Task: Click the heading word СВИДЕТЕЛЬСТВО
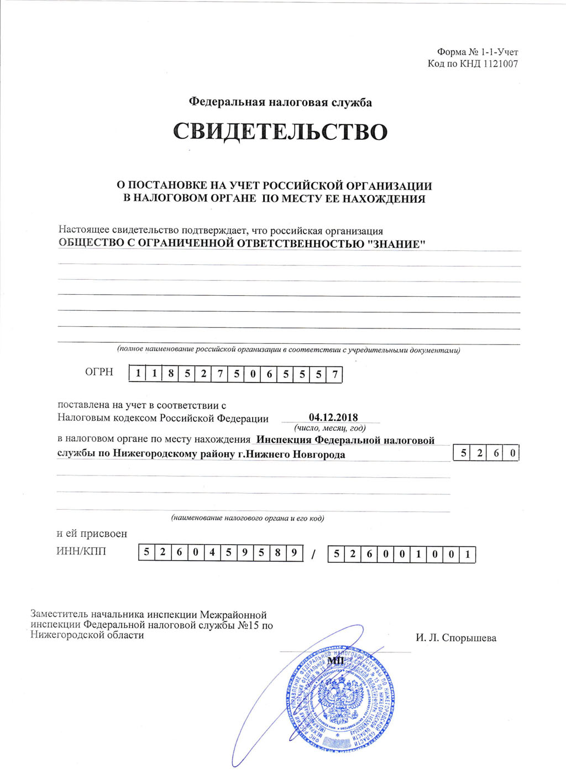(280, 132)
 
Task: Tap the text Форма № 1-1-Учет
(477, 52)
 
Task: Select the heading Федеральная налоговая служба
(280, 102)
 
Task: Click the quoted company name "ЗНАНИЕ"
(396, 244)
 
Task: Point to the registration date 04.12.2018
(333, 417)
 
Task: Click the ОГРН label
(99, 372)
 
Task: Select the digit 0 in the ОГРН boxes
(253, 374)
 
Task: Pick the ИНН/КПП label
(81, 551)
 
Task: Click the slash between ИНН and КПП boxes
(313, 555)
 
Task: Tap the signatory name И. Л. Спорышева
(456, 638)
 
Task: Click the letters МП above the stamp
(336, 661)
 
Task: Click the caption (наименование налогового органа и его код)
(247, 518)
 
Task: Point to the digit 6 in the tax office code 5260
(496, 453)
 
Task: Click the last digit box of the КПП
(468, 554)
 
